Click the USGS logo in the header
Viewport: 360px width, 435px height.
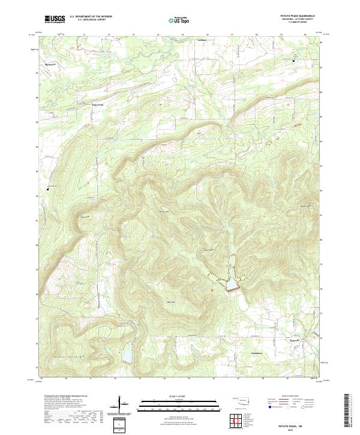[55, 19]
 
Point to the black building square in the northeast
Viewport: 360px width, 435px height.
[294, 61]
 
